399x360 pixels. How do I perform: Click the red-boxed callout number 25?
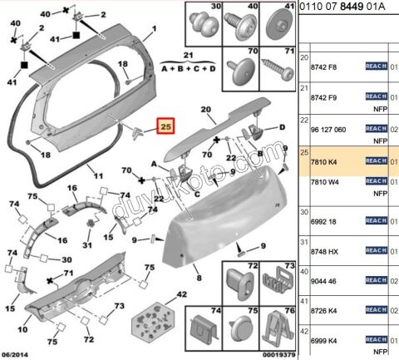pyautogui.click(x=166, y=127)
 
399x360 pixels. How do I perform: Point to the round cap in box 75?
pyautogui.click(x=243, y=331)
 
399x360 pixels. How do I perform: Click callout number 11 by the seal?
pyautogui.click(x=97, y=176)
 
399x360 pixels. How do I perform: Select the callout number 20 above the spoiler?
pyautogui.click(x=204, y=110)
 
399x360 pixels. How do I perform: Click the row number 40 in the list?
pyautogui.click(x=304, y=271)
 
